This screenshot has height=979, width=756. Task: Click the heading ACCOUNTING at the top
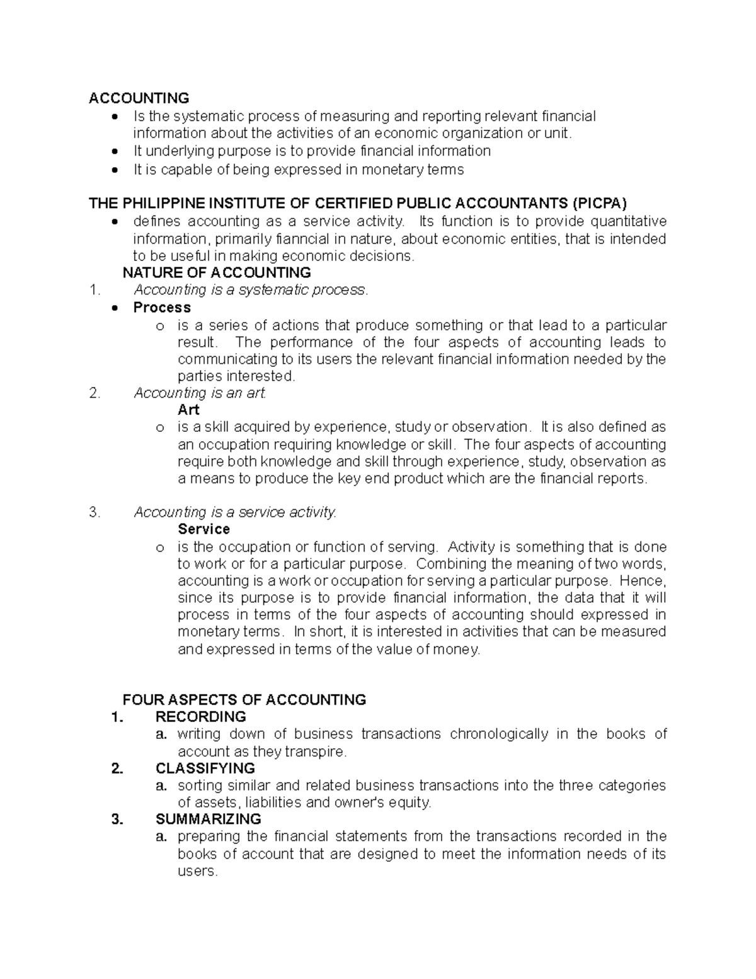click(139, 98)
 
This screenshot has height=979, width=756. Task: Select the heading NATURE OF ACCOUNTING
click(216, 272)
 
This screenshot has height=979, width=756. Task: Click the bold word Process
click(162, 308)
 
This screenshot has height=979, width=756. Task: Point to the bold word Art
click(188, 410)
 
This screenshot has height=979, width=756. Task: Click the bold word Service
click(203, 529)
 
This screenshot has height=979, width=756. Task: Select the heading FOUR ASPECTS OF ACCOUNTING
click(244, 700)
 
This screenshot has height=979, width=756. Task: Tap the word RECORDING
click(200, 717)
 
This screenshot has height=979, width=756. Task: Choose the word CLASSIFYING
click(205, 768)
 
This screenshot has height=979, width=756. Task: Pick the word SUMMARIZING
click(208, 820)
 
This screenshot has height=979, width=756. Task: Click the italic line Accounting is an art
click(200, 393)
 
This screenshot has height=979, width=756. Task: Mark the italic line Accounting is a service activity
click(235, 513)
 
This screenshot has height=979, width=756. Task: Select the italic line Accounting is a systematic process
click(250, 290)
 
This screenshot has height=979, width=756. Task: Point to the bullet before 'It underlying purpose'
click(114, 151)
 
